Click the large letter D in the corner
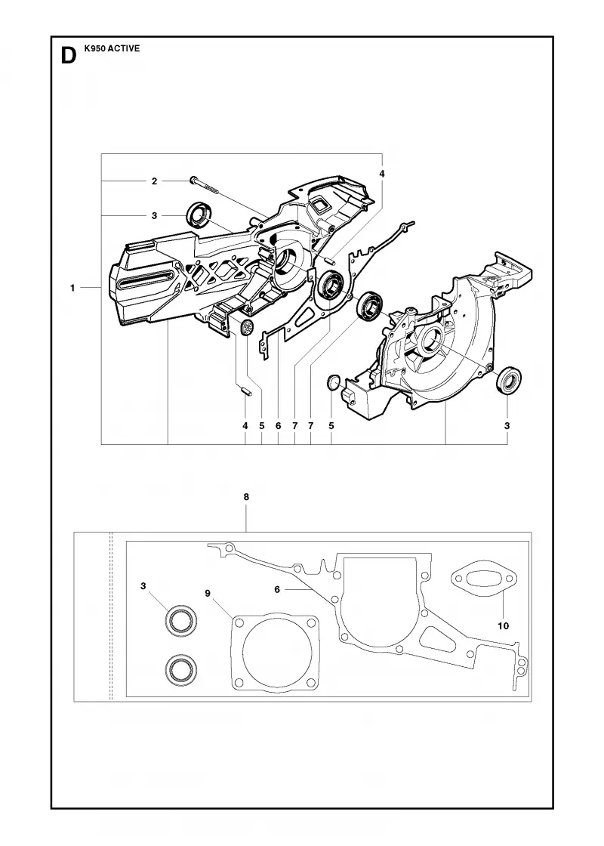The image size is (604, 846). coord(69,56)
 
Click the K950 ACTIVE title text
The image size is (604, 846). coord(112,48)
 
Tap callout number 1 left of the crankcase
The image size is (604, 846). coord(72,288)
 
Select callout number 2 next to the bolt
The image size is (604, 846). coord(154,181)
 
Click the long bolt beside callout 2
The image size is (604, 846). coord(203,184)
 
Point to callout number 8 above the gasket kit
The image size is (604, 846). coord(246,497)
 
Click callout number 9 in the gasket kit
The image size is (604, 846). coord(208,593)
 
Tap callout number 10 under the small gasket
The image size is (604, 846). coord(503,626)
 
